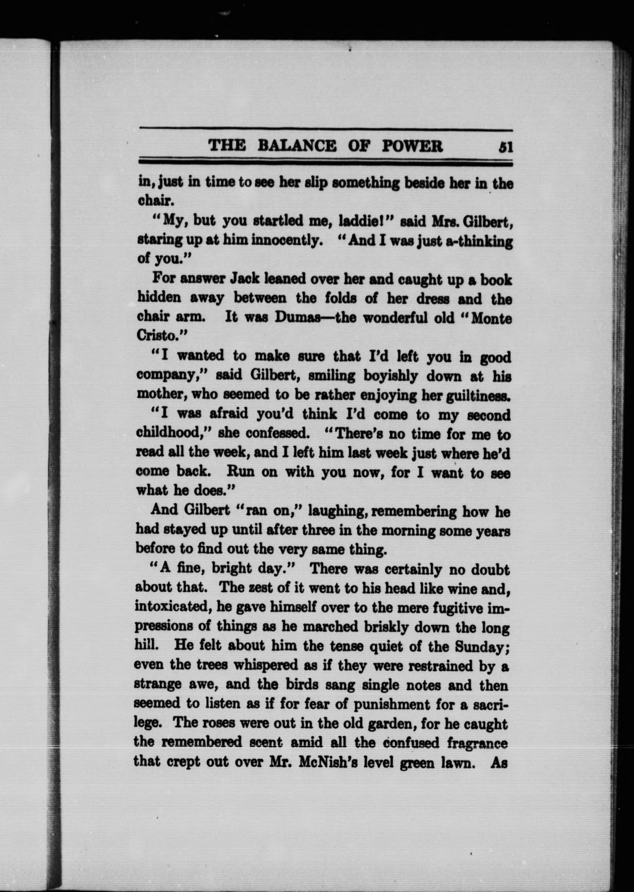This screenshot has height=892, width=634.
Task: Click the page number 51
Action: click(505, 147)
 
